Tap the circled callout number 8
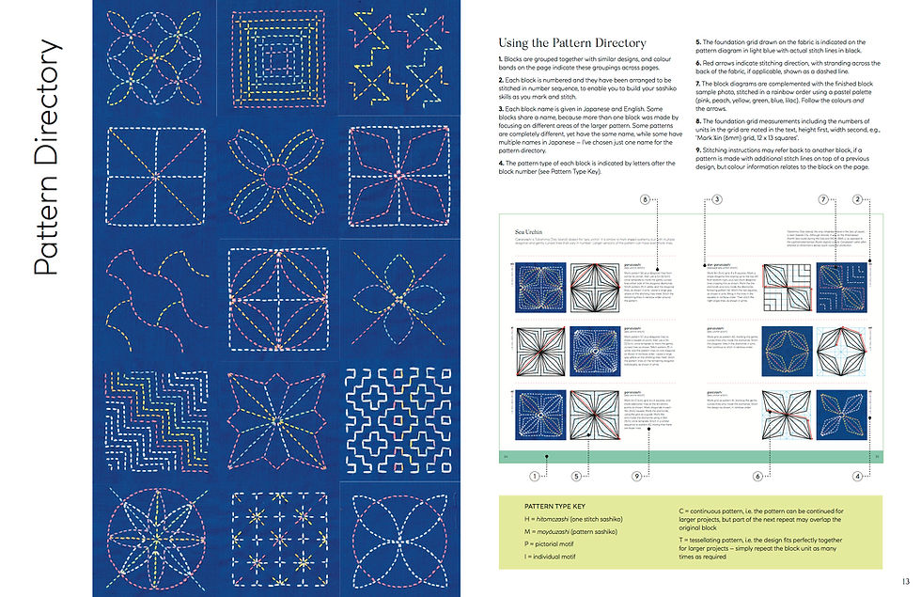click(644, 199)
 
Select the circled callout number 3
click(716, 199)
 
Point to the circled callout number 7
click(822, 199)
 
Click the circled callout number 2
click(858, 199)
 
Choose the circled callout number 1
click(536, 477)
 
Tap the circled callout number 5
click(577, 477)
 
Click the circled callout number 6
click(757, 477)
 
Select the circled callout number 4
click(858, 477)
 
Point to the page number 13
click(904, 581)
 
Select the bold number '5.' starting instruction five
click(697, 42)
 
